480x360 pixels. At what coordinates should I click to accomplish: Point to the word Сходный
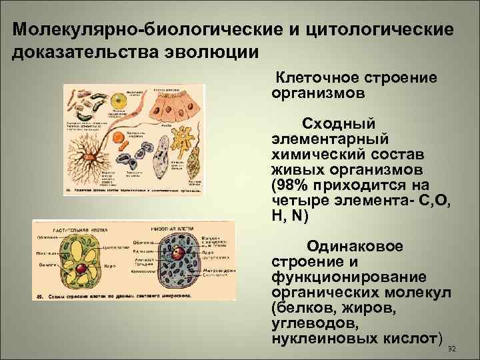(x=339, y=124)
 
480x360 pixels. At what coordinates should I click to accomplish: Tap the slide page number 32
(x=452, y=349)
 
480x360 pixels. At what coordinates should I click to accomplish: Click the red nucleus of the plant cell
(x=80, y=269)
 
